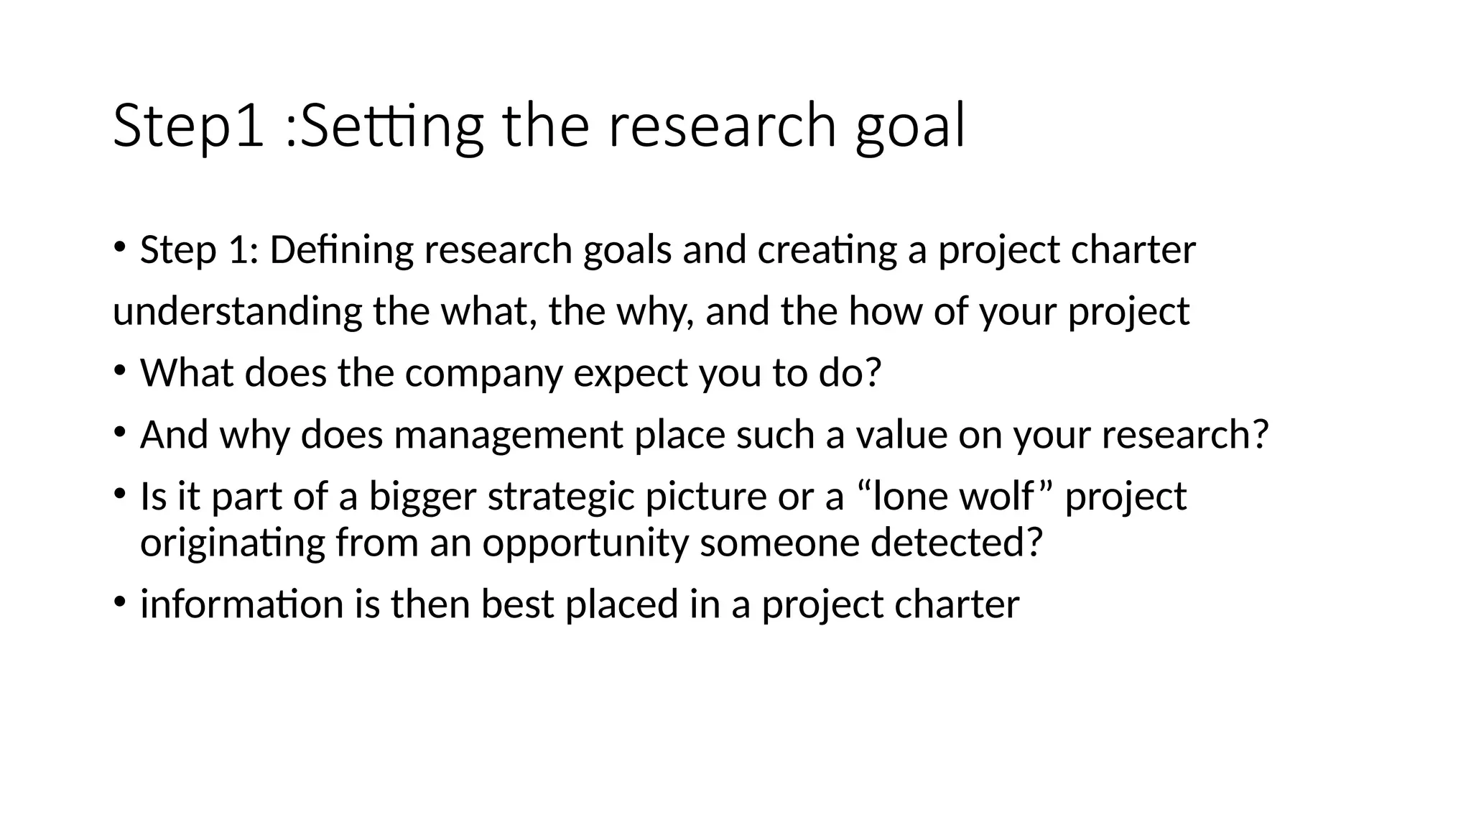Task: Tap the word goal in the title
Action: (910, 126)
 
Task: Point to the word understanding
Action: (237, 312)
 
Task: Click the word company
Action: (483, 374)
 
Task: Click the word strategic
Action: (561, 497)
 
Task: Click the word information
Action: (242, 604)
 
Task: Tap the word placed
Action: (621, 604)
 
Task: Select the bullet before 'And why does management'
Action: (119, 433)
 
